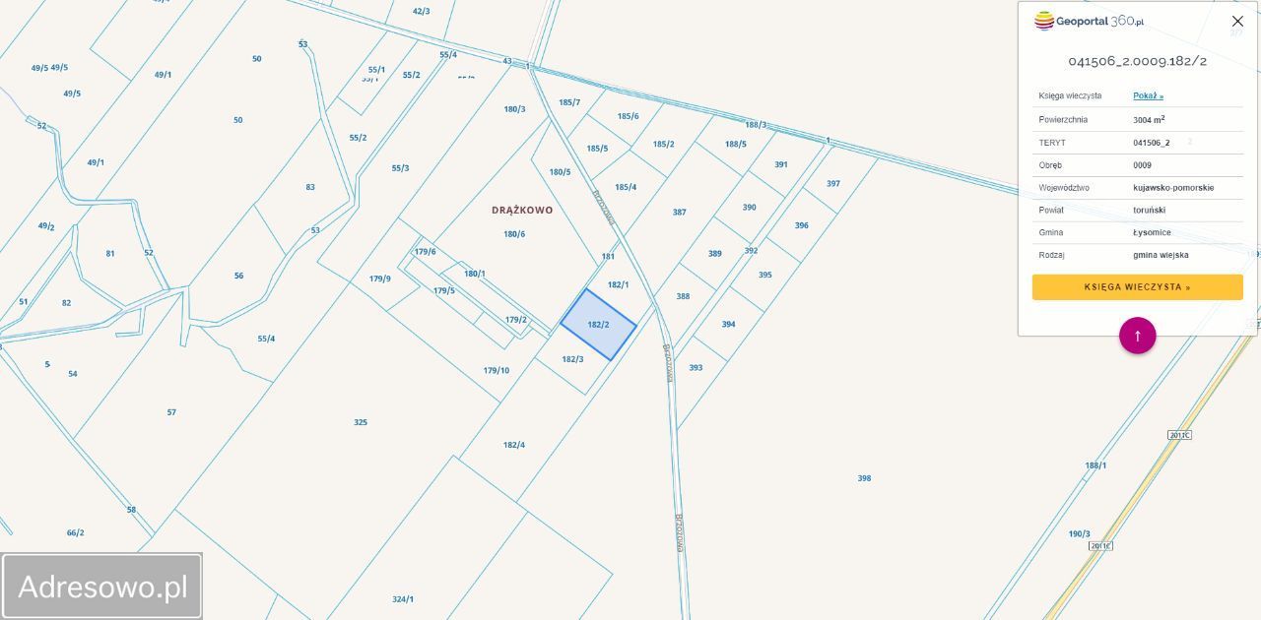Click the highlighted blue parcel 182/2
tap(598, 325)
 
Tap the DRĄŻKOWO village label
tap(522, 210)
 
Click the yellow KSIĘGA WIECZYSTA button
tap(1137, 287)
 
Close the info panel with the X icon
tap(1237, 22)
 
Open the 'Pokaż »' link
tap(1148, 95)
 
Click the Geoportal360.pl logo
tap(1089, 21)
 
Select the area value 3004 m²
tap(1149, 119)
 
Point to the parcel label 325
tap(361, 422)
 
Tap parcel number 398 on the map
tap(864, 478)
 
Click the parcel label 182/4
tap(514, 445)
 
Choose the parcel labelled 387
tap(679, 212)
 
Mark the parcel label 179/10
tap(497, 370)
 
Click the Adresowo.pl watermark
tap(102, 587)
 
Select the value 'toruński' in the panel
tap(1149, 210)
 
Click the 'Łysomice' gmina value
tap(1152, 232)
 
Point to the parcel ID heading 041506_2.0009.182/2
tap(1137, 61)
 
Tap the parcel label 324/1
tap(403, 598)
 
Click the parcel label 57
tap(171, 412)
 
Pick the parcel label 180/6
tap(514, 234)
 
